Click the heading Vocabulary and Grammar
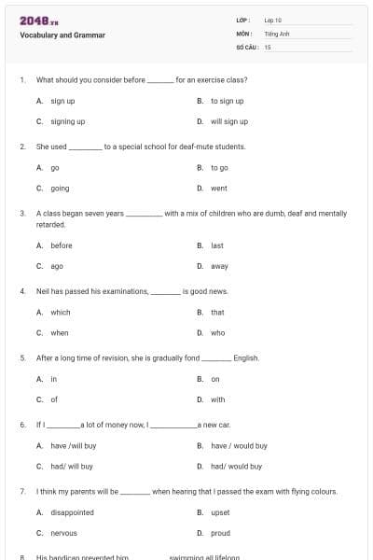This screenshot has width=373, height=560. pyautogui.click(x=62, y=35)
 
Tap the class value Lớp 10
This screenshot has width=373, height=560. pyautogui.click(x=273, y=20)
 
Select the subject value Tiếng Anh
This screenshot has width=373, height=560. pyautogui.click(x=276, y=33)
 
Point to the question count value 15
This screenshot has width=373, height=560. pyautogui.click(x=268, y=46)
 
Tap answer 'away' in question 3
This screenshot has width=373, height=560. pyautogui.click(x=219, y=266)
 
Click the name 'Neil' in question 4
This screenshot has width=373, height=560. pyautogui.click(x=44, y=291)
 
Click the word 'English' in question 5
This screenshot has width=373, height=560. pyautogui.click(x=246, y=357)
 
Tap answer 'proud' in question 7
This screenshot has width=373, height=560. pyautogui.click(x=220, y=533)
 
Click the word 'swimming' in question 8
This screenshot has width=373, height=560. pyautogui.click(x=189, y=557)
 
